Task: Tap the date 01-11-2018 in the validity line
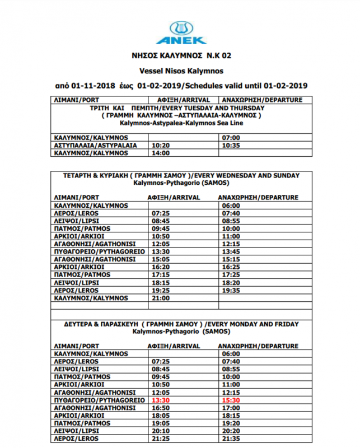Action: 91,86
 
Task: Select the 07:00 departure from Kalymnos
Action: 231,137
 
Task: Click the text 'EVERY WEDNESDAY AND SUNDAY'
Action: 248,175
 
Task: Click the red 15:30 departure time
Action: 231,401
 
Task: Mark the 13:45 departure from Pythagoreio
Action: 231,252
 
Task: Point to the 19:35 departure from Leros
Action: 231,291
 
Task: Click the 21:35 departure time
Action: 231,440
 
